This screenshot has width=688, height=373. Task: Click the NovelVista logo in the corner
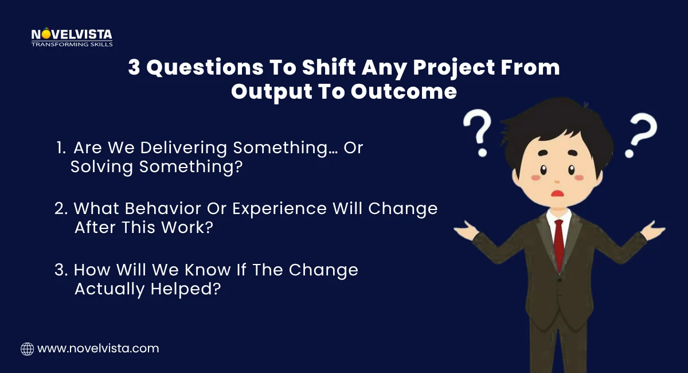[x=72, y=37]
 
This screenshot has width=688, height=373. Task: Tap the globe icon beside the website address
[x=27, y=348]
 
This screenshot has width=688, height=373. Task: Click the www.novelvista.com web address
[x=98, y=348]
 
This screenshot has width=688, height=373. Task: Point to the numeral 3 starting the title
[x=134, y=68]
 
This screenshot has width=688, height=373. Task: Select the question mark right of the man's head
[x=642, y=135]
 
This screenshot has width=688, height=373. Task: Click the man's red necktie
[x=558, y=240]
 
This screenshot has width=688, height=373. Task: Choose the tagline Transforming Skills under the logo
[x=72, y=44]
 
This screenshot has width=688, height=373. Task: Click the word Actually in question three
[x=110, y=289]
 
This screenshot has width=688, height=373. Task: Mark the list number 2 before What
[x=60, y=209]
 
